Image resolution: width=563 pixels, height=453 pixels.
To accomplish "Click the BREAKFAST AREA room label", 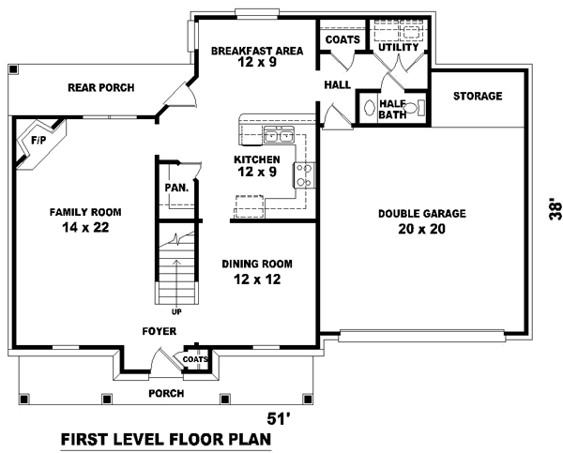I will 256,51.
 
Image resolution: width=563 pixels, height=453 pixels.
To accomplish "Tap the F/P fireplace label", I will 38,140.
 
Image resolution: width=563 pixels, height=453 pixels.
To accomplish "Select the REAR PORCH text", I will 100,88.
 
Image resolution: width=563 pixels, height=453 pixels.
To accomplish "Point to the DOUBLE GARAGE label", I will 421,213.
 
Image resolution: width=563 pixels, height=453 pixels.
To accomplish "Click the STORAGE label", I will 478,96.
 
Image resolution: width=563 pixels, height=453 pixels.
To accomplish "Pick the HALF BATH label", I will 391,109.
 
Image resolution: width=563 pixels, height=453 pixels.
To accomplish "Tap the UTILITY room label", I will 397,46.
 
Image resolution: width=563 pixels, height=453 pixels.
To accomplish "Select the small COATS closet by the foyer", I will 194,359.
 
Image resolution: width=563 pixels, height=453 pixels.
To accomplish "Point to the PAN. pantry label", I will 176,188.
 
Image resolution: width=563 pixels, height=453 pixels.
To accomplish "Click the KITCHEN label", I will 256,160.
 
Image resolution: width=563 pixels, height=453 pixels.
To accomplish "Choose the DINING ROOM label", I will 256,264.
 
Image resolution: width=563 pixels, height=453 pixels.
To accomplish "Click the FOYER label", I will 158,331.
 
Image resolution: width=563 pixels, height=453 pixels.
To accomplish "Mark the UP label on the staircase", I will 175,310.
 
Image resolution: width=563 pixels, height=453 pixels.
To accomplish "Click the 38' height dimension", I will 554,208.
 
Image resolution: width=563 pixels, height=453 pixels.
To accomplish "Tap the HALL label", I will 337,84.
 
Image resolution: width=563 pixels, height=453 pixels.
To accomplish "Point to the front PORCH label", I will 165,393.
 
